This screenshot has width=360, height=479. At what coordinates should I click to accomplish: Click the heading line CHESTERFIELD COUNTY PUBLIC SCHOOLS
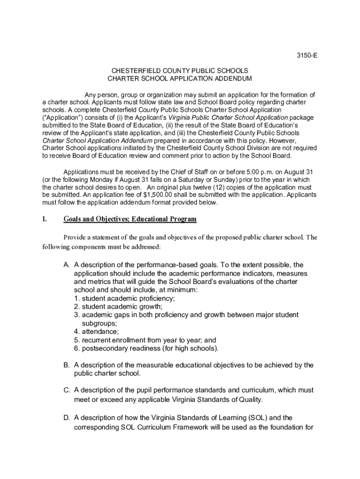180,71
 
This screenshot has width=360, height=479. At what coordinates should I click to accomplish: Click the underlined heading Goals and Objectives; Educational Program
130,219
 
